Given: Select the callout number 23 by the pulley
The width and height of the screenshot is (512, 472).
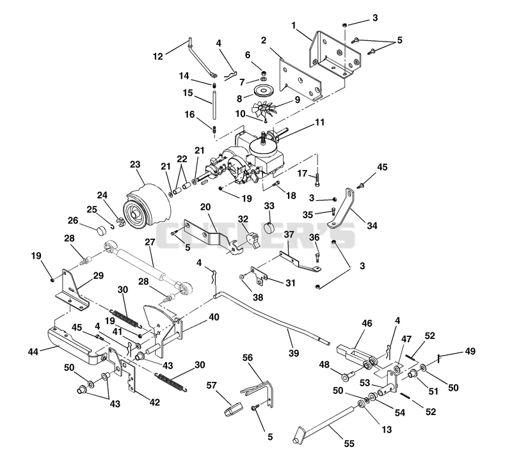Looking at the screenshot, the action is [134, 164].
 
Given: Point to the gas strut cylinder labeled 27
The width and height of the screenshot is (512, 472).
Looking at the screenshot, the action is [148, 266].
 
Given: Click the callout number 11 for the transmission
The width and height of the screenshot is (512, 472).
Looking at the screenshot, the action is [320, 122].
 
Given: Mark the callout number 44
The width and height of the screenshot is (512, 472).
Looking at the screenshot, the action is [33, 352].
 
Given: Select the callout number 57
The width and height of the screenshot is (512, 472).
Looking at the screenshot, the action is [211, 386].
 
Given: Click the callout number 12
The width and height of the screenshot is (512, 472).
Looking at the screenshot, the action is [157, 56].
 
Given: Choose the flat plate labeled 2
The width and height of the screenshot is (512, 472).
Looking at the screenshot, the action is [300, 80].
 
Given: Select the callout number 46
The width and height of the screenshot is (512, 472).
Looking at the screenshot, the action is [367, 323].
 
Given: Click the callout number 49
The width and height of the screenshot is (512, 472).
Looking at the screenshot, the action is [470, 352].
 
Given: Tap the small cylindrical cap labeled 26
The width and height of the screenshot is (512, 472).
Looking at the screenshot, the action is [102, 230].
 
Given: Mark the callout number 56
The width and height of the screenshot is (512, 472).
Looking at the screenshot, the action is [248, 358].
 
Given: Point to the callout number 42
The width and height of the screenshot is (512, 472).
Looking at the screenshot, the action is [154, 402].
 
